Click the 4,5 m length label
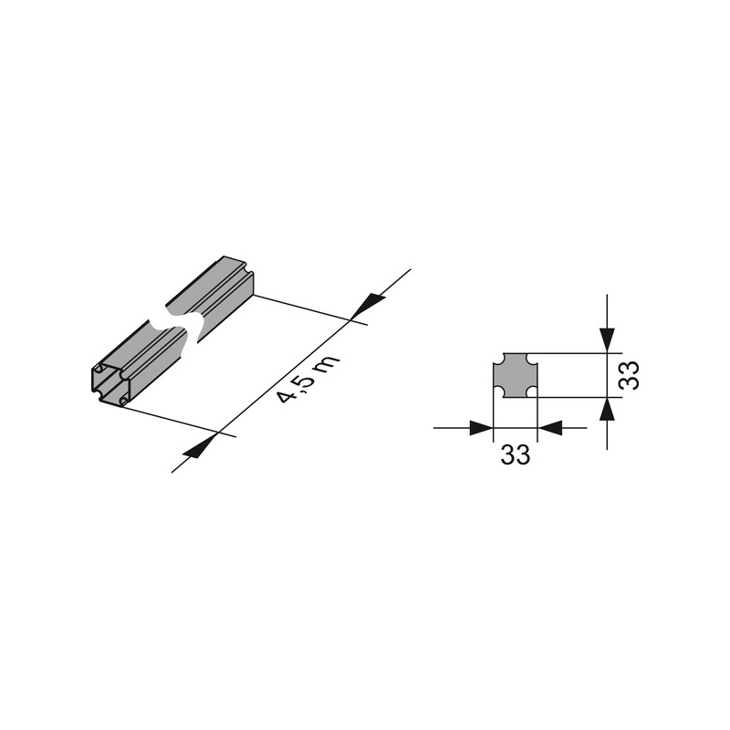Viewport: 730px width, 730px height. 308,380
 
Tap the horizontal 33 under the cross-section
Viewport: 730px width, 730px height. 516,454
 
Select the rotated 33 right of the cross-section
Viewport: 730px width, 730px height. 629,375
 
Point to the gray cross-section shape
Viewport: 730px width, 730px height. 515,375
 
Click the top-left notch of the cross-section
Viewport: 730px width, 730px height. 498,359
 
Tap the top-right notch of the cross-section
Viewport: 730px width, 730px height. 532,359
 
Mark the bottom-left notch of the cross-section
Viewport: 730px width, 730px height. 498,392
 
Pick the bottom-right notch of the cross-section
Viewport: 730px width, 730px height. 532,392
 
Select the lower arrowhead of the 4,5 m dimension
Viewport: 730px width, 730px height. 199,447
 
